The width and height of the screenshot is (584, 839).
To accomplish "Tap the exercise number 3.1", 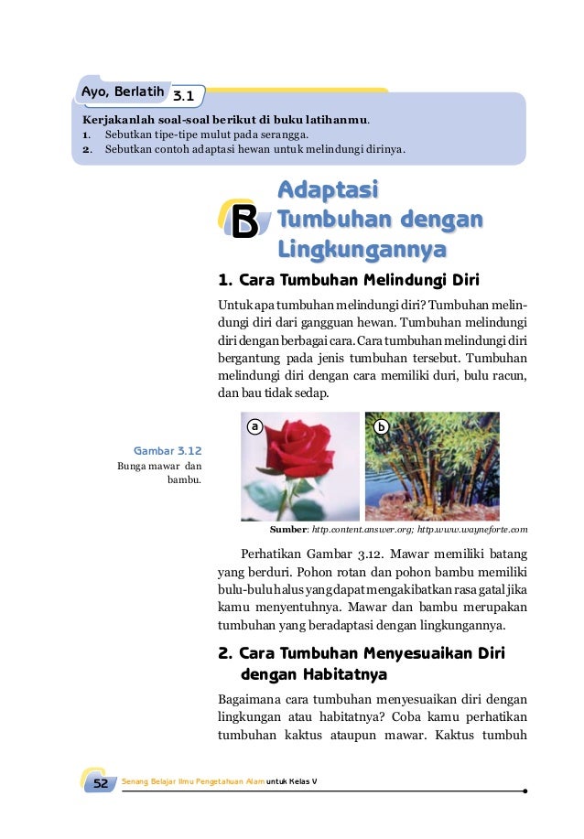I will click(183, 95).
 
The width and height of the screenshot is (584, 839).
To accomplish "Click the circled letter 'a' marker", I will click(255, 426).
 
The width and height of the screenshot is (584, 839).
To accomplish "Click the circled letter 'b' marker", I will click(382, 426).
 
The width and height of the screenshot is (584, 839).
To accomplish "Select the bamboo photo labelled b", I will click(432, 467).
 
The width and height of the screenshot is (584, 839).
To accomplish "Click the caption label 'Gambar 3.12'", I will click(168, 450).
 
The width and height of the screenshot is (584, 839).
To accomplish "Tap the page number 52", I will click(101, 783).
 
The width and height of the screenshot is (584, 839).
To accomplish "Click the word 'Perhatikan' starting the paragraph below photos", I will click(268, 553).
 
